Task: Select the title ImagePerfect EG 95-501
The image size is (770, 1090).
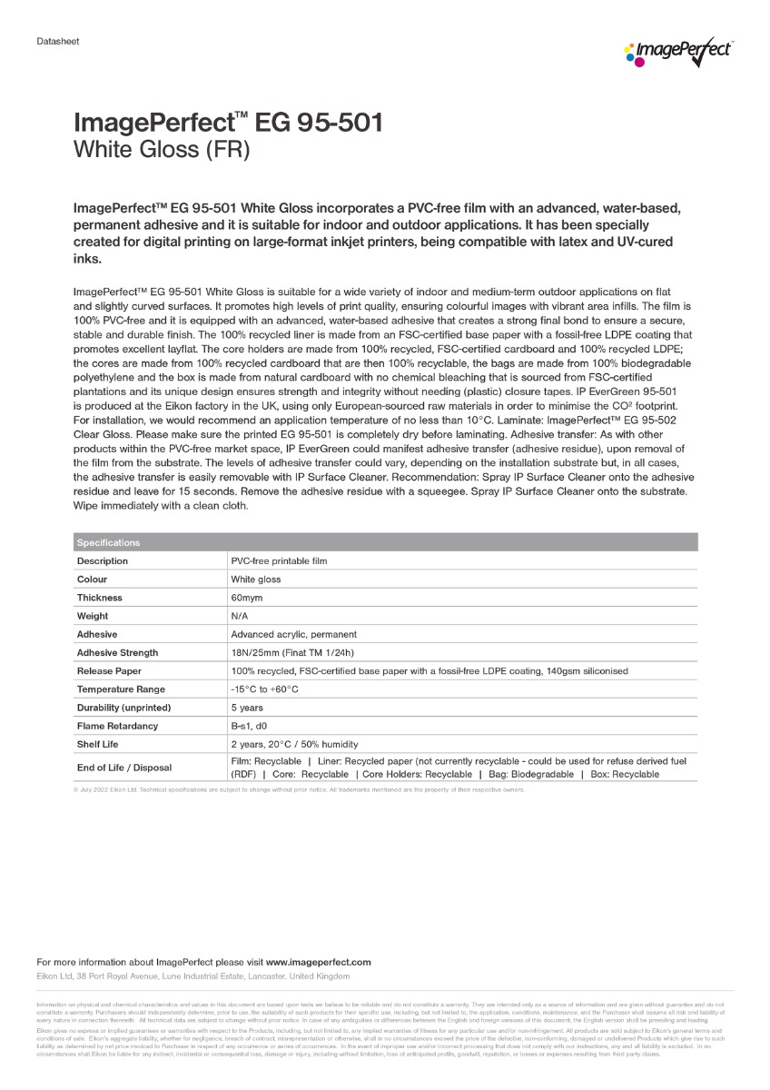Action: coord(227,124)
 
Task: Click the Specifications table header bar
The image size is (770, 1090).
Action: coord(385,542)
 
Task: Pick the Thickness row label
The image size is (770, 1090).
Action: coord(99,598)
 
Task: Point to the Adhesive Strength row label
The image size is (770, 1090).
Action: coord(117,652)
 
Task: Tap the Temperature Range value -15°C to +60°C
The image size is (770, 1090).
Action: coord(264,689)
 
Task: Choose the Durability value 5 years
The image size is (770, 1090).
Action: coord(247,708)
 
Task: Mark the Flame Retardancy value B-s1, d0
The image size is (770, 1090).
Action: coord(250,726)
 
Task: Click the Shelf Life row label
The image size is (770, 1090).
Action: coord(99,744)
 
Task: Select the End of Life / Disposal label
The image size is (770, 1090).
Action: coord(123,768)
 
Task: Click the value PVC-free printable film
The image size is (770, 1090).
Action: coord(279,561)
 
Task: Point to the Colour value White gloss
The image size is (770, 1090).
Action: coord(256,580)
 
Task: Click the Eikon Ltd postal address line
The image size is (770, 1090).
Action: coord(192,976)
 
